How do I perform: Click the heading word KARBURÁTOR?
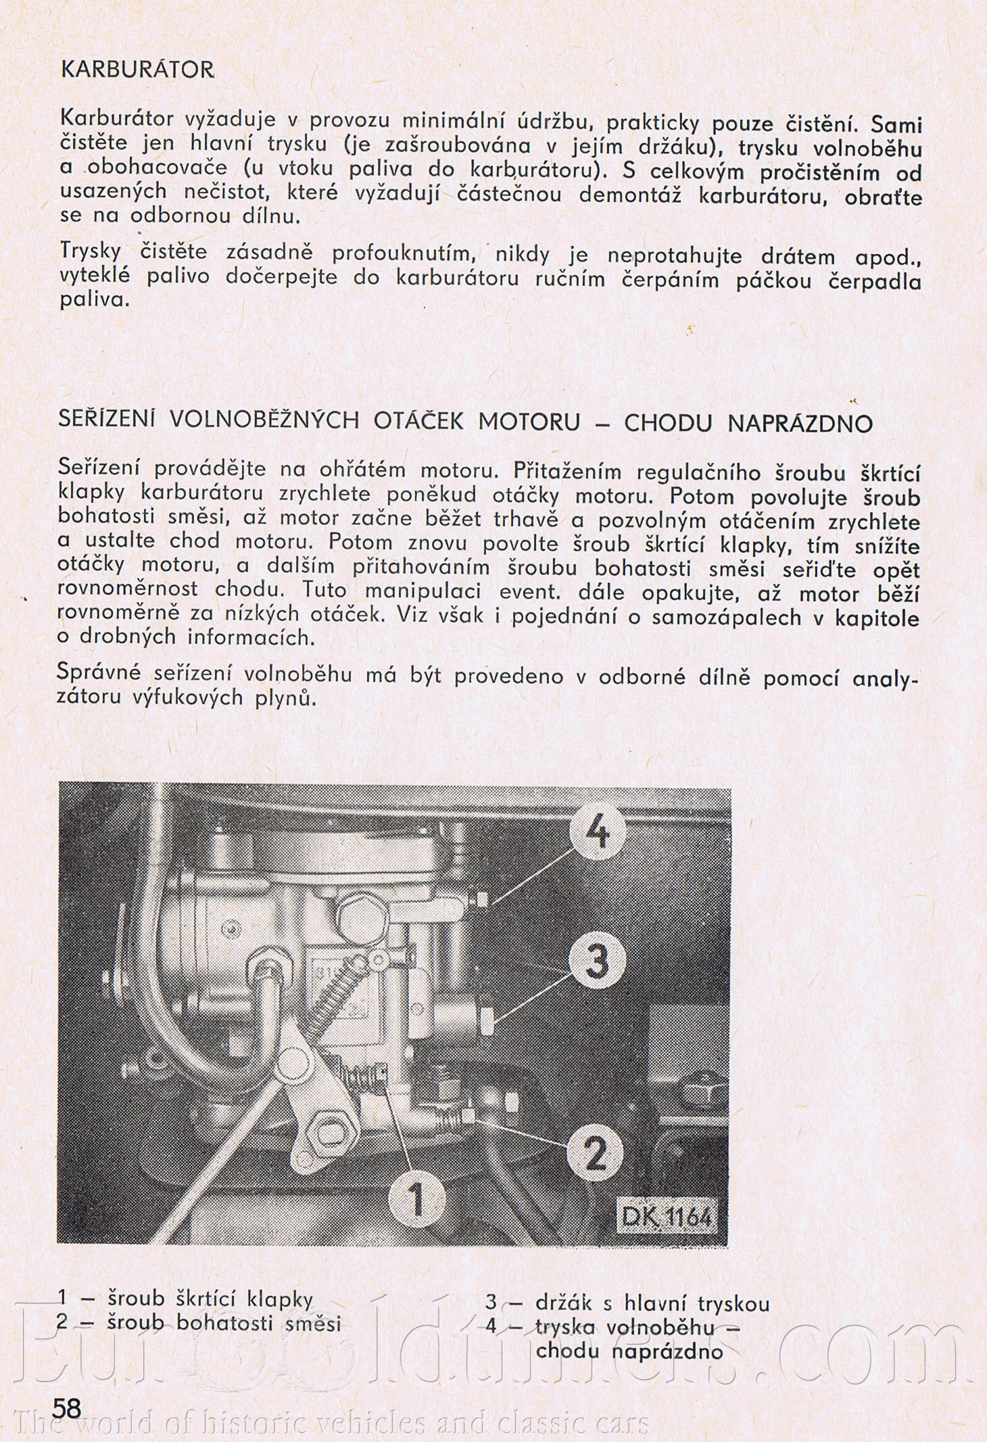pyautogui.click(x=137, y=70)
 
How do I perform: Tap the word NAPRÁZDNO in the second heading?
pyautogui.click(x=800, y=424)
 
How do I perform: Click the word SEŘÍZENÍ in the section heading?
pyautogui.click(x=107, y=420)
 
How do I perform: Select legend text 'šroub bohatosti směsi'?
pyautogui.click(x=224, y=1323)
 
